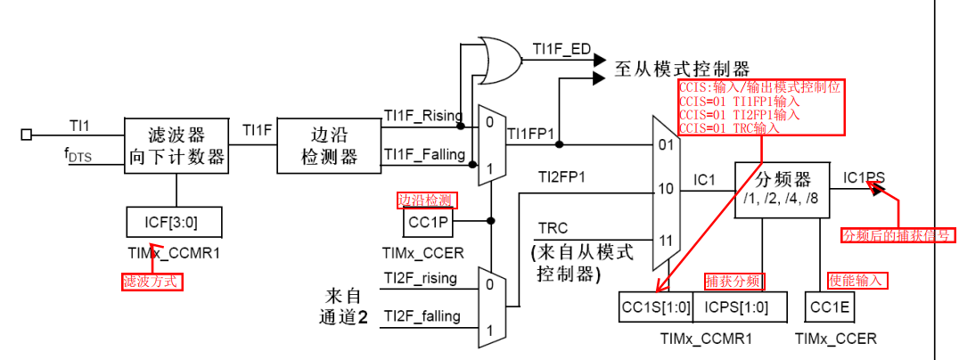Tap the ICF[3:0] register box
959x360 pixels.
click(175, 219)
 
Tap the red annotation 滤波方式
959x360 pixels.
click(152, 282)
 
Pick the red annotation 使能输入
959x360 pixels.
click(857, 280)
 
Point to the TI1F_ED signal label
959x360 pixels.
click(561, 48)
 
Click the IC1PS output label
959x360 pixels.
click(864, 177)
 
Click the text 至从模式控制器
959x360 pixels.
click(682, 69)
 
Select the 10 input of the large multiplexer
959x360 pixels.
click(665, 190)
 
